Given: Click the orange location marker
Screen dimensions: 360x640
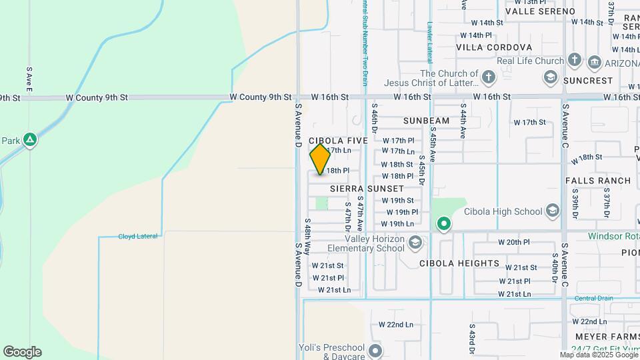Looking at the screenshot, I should tap(320, 159).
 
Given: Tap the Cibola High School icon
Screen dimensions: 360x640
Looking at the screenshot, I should tap(552, 211).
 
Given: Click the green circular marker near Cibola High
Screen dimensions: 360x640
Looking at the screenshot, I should tap(444, 224).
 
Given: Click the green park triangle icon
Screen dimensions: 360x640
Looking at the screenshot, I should tap(29, 140).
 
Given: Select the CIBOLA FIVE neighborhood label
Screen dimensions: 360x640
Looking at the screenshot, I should tap(338, 141).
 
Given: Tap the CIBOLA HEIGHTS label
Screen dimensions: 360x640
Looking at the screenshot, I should tap(459, 263).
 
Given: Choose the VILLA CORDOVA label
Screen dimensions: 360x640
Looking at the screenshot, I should tap(494, 47).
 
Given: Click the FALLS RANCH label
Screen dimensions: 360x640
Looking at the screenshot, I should tap(597, 181).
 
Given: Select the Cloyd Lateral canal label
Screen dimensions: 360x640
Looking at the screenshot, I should tap(137, 236).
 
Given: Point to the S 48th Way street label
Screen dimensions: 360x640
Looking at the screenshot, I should tap(307, 237).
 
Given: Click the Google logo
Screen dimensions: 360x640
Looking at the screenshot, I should tap(22, 352).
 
